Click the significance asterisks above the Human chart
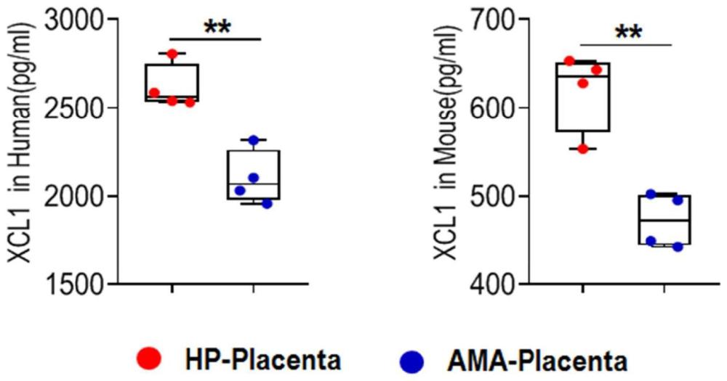click(215, 28)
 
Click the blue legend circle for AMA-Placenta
click(414, 357)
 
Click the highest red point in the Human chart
click(172, 54)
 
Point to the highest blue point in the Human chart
click(253, 140)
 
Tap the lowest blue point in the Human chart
click(267, 204)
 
